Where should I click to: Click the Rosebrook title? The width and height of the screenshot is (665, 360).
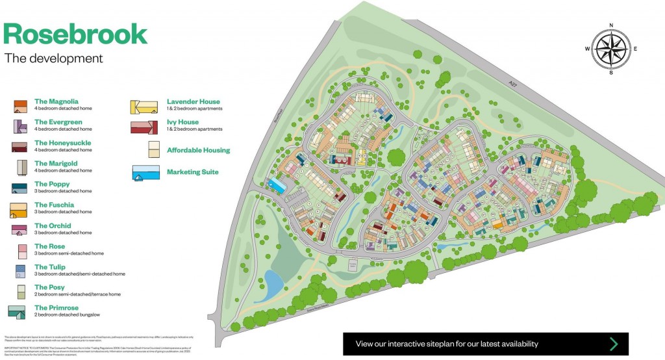(75, 34)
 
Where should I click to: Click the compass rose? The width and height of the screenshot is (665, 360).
(610, 49)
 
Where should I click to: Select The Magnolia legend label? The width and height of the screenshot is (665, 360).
(56, 101)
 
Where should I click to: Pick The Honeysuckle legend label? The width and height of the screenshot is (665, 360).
(62, 142)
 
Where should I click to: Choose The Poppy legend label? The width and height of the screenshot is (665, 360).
(51, 184)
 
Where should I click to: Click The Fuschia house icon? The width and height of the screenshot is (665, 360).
(18, 209)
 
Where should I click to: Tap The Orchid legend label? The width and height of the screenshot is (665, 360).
(53, 225)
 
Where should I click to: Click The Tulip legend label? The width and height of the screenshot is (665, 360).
(49, 267)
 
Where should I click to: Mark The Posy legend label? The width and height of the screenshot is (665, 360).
(49, 287)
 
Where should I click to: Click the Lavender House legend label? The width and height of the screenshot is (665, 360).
(193, 101)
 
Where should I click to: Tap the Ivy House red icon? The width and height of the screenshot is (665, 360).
(144, 126)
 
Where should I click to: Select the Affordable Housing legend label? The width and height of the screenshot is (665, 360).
(198, 150)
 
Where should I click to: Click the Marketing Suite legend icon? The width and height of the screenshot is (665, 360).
(145, 174)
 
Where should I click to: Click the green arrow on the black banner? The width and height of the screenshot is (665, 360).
(613, 344)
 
